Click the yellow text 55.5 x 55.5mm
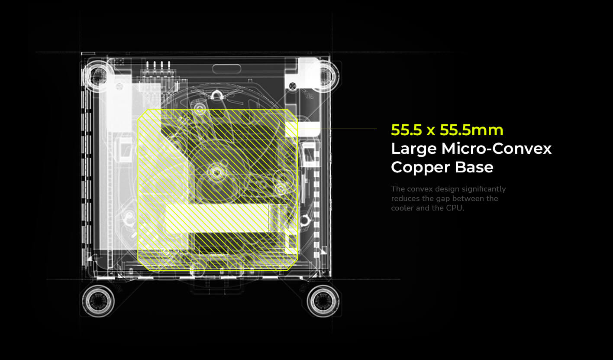(447, 130)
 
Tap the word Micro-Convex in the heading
(497, 149)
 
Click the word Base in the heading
(474, 167)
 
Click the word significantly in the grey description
(484, 189)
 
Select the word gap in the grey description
(443, 199)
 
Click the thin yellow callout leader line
(323, 129)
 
